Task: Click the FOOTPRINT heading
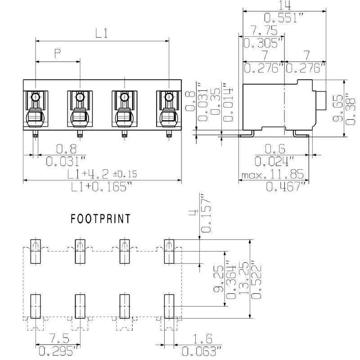(101, 219)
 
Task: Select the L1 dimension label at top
(102, 33)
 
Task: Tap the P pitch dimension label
(58, 54)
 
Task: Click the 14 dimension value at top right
(285, 5)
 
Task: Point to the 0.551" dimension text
(284, 18)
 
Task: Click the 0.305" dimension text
(263, 43)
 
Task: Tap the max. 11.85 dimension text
(273, 174)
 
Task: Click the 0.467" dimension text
(285, 186)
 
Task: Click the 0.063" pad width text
(202, 351)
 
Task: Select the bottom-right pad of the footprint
(168, 306)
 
